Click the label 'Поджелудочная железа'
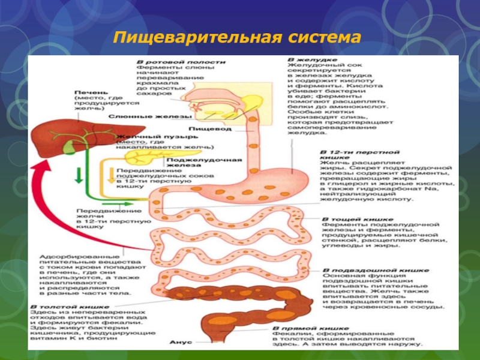tap(204, 164)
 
